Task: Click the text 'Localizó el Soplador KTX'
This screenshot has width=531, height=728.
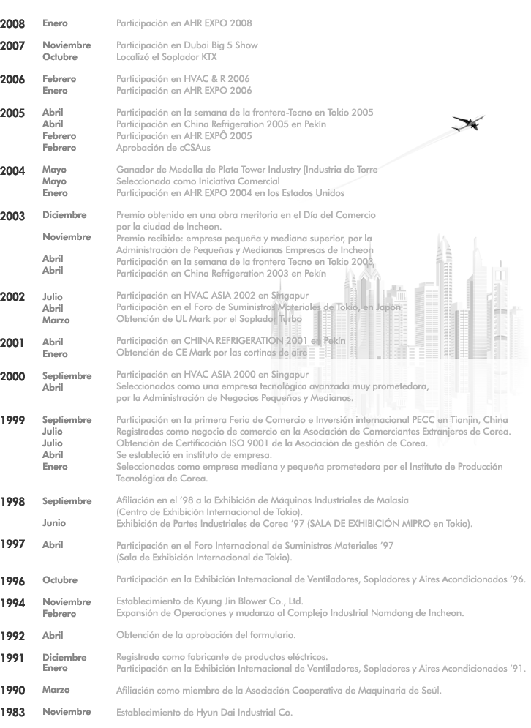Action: pyautogui.click(x=167, y=56)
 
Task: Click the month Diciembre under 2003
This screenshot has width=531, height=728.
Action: pyautogui.click(x=64, y=215)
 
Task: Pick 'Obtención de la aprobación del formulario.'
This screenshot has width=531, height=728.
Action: pyautogui.click(x=206, y=634)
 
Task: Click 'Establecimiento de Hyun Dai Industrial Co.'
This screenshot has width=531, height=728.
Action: pyautogui.click(x=205, y=711)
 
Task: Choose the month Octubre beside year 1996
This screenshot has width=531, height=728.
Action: pyautogui.click(x=60, y=580)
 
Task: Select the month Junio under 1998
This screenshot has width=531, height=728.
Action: pyautogui.click(x=53, y=522)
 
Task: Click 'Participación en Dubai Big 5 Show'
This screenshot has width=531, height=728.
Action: pyautogui.click(x=187, y=45)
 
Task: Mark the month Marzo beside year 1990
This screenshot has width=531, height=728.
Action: pyautogui.click(x=56, y=689)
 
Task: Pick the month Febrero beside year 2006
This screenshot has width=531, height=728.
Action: pyautogui.click(x=59, y=79)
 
